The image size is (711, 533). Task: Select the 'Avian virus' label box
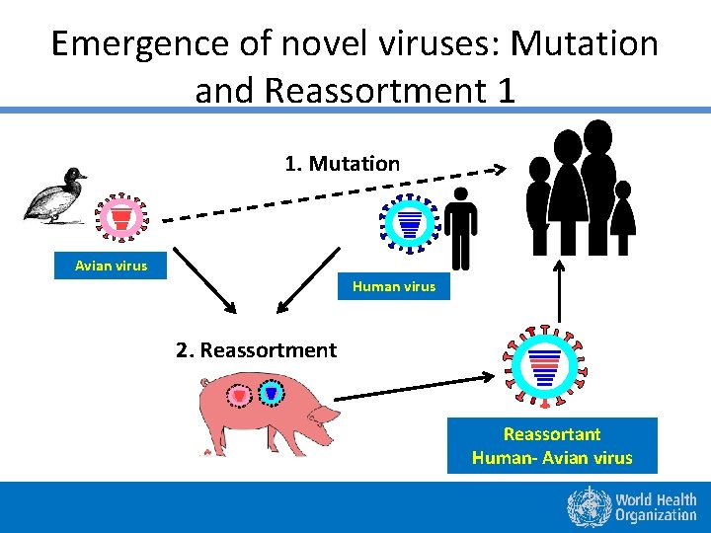point(111,266)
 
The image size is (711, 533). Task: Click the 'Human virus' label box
point(393,286)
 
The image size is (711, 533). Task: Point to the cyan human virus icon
point(407,221)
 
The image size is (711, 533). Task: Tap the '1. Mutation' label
point(342,164)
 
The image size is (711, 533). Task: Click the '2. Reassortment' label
point(256,349)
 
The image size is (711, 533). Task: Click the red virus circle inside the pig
point(238,395)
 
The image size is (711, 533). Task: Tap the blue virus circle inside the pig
point(271,393)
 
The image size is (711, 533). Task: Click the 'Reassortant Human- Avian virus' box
point(552,446)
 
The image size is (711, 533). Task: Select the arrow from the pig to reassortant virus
point(415,388)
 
